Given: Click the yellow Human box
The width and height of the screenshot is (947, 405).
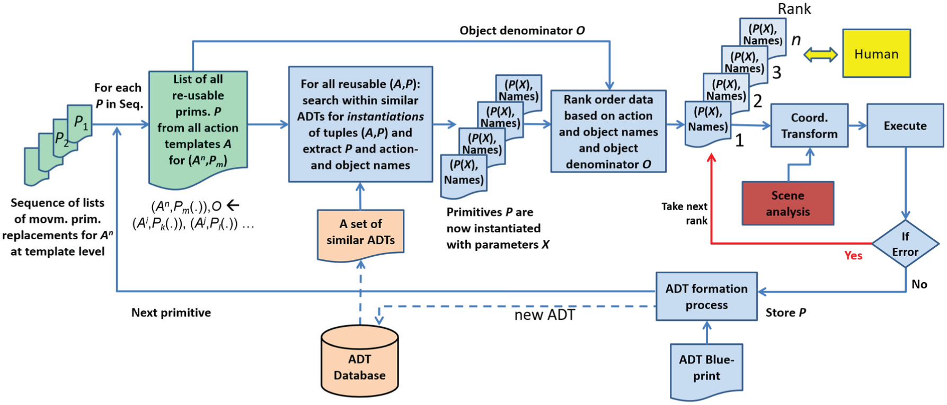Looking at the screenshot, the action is click(877, 53).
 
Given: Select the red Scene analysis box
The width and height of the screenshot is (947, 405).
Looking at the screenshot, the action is click(788, 203).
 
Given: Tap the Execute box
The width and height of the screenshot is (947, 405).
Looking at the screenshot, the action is click(905, 125).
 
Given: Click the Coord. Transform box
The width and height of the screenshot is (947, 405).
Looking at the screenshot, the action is click(809, 125).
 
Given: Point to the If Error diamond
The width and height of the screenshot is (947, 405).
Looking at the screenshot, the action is click(906, 244).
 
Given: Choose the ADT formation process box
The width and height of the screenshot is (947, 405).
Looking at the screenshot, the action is click(706, 296).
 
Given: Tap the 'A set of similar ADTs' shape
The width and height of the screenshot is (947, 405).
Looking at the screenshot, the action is click(360, 235).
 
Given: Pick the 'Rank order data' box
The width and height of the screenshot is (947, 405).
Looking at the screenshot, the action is click(608, 131).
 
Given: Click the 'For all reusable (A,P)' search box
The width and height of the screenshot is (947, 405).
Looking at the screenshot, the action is click(360, 124).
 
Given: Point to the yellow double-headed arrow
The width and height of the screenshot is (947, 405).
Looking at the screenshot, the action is click(820, 55).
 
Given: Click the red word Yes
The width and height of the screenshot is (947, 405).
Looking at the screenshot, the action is click(853, 255).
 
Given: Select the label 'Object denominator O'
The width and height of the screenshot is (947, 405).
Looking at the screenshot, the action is click(522, 31).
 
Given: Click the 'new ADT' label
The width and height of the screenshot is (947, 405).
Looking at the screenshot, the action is click(544, 315).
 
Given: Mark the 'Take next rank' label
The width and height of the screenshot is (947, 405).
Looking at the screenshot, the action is click(684, 213).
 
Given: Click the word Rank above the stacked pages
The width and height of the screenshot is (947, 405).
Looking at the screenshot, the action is click(794, 8).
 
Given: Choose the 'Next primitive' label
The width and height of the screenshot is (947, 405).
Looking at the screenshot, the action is click(171, 313).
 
